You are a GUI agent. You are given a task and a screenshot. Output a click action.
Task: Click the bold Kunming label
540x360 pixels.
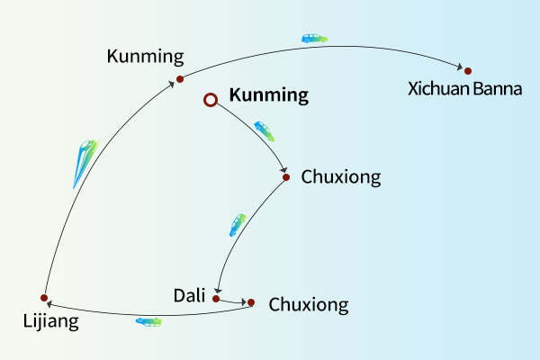[269, 94]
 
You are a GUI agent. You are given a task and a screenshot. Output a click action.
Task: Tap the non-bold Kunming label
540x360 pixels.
[145, 57]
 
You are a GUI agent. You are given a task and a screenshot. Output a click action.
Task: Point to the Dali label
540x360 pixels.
[192, 293]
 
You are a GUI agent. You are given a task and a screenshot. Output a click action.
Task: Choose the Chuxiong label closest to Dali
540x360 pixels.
[309, 305]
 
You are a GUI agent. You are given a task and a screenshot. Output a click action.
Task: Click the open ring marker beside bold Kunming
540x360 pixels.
[211, 100]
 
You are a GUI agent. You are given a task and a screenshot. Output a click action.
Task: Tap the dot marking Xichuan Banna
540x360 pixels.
[468, 70]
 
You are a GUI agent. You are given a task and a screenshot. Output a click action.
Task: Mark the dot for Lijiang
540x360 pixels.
[43, 297]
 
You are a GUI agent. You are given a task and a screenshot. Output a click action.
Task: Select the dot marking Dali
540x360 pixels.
[216, 298]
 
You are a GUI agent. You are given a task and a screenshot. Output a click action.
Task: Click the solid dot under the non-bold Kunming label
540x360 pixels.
[180, 79]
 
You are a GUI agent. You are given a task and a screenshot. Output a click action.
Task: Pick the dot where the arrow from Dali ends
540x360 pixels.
[251, 302]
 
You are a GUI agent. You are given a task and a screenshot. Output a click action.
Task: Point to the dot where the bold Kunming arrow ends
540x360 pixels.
[286, 177]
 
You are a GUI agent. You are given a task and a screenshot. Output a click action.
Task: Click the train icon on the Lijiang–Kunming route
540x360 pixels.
[84, 161]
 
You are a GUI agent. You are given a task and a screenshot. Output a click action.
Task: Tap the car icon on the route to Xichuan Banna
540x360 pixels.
[314, 39]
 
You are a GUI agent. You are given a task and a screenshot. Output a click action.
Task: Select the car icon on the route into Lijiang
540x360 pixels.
[148, 320]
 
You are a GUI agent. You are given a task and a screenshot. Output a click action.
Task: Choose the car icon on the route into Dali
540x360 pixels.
[237, 224]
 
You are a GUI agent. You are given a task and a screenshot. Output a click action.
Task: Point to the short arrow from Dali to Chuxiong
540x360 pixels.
[233, 300]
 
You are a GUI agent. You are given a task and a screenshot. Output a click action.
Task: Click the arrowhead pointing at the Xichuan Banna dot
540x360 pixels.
[461, 67]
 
